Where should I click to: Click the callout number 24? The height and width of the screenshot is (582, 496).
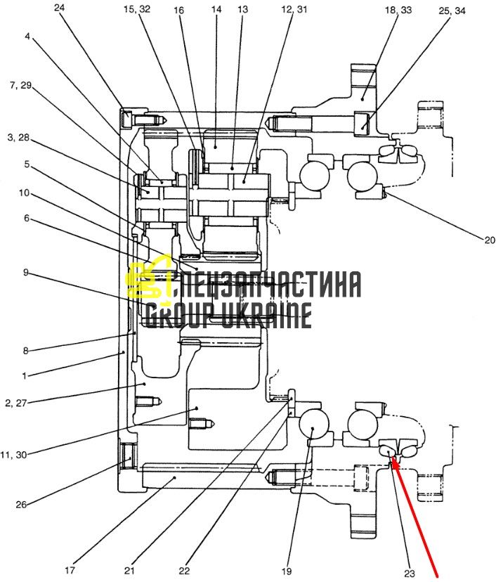(59, 8)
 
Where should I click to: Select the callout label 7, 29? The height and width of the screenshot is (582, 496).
(21, 86)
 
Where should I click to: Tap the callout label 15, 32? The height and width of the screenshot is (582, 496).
(137, 9)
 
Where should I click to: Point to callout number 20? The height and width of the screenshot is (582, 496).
(490, 240)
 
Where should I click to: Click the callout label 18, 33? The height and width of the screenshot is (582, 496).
(398, 10)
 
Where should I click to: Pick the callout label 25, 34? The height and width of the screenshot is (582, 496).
(452, 11)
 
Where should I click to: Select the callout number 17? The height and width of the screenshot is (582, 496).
(70, 570)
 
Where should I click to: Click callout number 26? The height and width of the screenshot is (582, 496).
(21, 505)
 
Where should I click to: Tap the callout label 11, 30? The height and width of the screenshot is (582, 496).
(14, 455)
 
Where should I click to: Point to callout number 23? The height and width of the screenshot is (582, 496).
(409, 574)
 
